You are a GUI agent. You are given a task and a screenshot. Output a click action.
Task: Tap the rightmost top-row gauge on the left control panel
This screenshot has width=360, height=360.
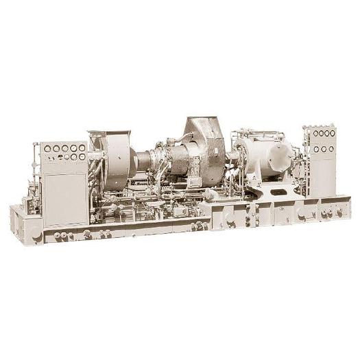(x=82, y=147)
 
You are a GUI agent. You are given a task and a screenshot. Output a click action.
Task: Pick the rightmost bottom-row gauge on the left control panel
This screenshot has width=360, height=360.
(x=82, y=156)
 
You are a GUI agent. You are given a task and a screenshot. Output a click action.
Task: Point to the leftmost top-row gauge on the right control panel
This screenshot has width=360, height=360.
(x=309, y=134)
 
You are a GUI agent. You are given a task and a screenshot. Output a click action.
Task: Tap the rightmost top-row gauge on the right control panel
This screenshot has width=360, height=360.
(x=333, y=133)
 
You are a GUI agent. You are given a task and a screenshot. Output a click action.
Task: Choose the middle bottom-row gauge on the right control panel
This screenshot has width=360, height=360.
(x=324, y=149)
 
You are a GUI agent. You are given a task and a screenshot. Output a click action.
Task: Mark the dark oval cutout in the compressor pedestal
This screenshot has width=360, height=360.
(x=278, y=192)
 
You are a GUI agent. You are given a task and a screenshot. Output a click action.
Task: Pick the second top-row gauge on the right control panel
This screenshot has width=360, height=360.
(x=317, y=134)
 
